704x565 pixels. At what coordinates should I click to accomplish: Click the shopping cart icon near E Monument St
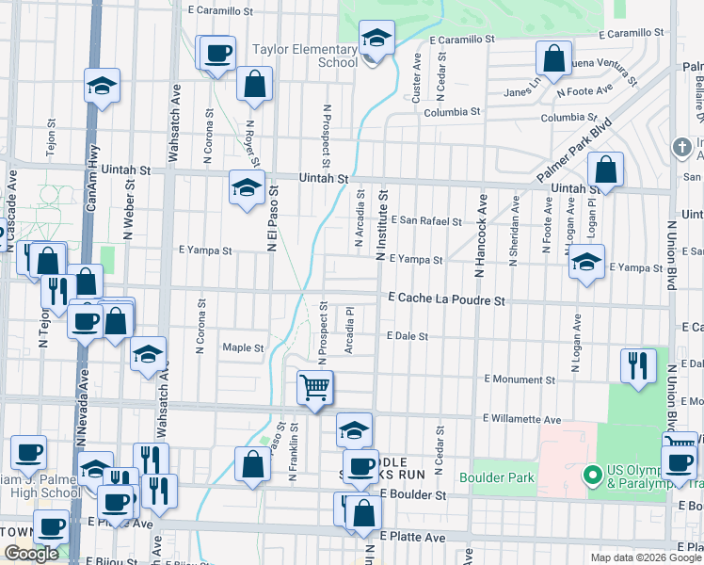[x=315, y=386]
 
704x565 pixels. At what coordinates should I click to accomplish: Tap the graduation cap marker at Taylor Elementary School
[x=376, y=39]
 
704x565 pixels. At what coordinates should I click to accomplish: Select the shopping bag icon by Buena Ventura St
[x=554, y=58]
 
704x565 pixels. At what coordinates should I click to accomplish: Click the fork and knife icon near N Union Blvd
[x=638, y=365]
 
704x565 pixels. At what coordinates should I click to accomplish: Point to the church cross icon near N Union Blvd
[x=682, y=147]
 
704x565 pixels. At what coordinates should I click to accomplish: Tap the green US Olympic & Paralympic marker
[x=591, y=475]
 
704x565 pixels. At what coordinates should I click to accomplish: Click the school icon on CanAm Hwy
[x=102, y=87]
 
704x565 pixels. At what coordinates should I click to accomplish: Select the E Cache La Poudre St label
[x=447, y=299]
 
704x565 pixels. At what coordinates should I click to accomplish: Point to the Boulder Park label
[x=497, y=477]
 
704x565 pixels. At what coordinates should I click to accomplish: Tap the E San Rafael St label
[x=426, y=222]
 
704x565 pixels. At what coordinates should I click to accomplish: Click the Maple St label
[x=243, y=347]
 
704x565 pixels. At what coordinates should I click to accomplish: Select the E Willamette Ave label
[x=521, y=418]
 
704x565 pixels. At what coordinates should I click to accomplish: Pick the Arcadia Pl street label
[x=349, y=330]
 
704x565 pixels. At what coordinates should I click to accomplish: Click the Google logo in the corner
[x=31, y=554]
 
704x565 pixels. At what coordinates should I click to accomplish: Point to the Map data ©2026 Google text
[x=645, y=557]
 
